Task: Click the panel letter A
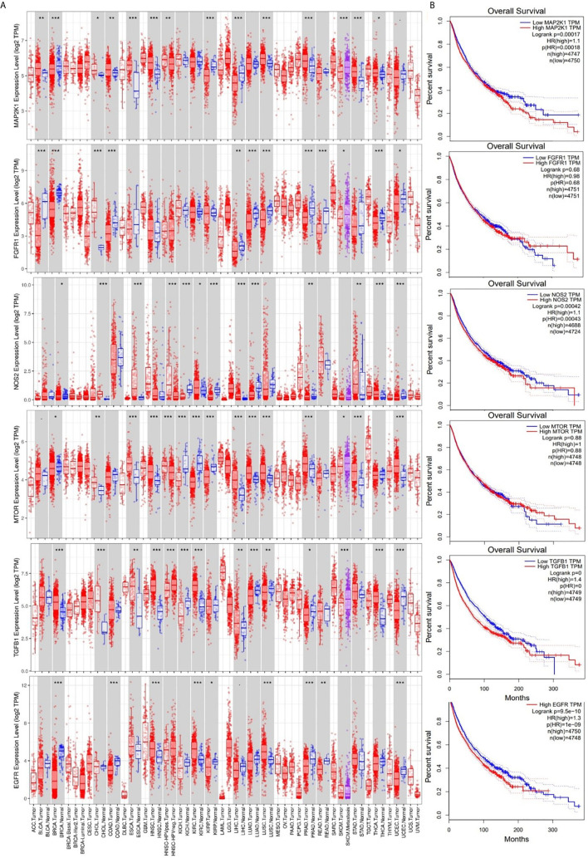[x=5, y=5]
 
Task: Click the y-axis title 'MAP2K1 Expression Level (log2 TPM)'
[x=7, y=74]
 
